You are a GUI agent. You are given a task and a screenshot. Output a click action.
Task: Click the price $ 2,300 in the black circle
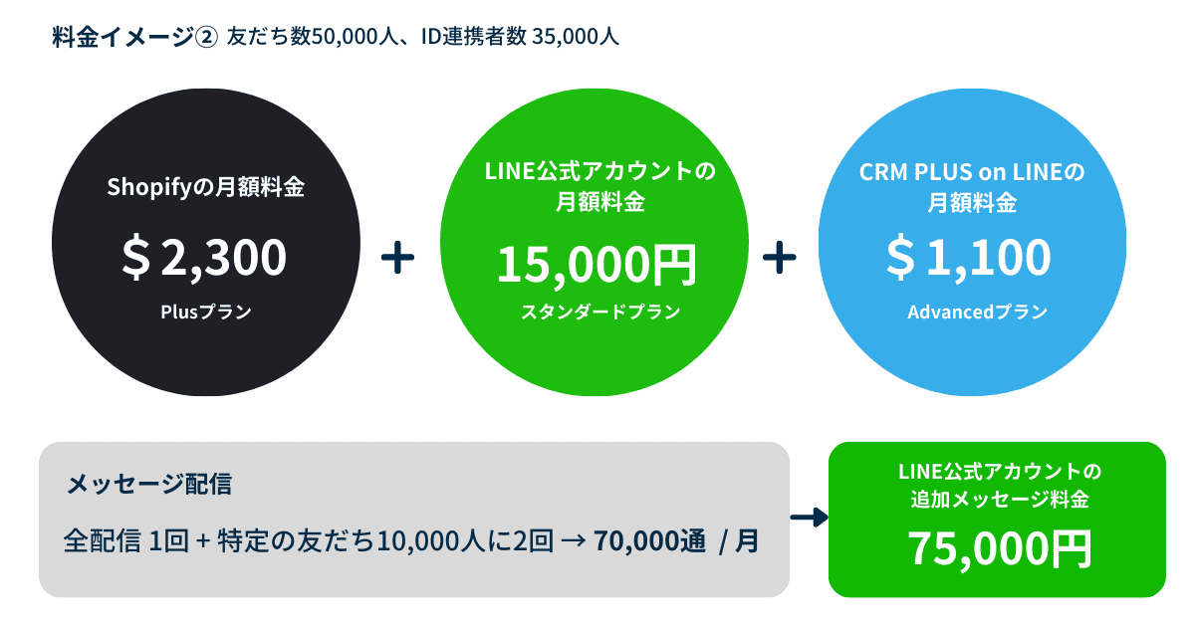(x=204, y=256)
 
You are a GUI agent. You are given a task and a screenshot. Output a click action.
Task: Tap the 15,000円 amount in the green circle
(x=597, y=264)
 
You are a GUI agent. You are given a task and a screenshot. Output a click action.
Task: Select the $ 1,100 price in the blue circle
(x=969, y=256)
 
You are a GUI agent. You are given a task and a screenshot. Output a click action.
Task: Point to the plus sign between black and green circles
(x=397, y=258)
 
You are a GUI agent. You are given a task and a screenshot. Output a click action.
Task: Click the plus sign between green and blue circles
(x=779, y=258)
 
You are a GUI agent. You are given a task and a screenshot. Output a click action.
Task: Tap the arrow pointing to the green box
(x=809, y=518)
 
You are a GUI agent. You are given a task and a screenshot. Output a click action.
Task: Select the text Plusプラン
(x=205, y=312)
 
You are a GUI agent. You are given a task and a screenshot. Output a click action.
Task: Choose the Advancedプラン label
(x=977, y=312)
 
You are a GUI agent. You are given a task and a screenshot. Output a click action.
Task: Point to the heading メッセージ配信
(x=148, y=485)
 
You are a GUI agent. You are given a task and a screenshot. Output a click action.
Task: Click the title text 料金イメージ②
(x=134, y=38)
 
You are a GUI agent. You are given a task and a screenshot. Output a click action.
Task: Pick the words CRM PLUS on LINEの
(x=971, y=172)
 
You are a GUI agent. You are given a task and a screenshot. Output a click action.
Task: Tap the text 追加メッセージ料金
(x=998, y=500)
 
